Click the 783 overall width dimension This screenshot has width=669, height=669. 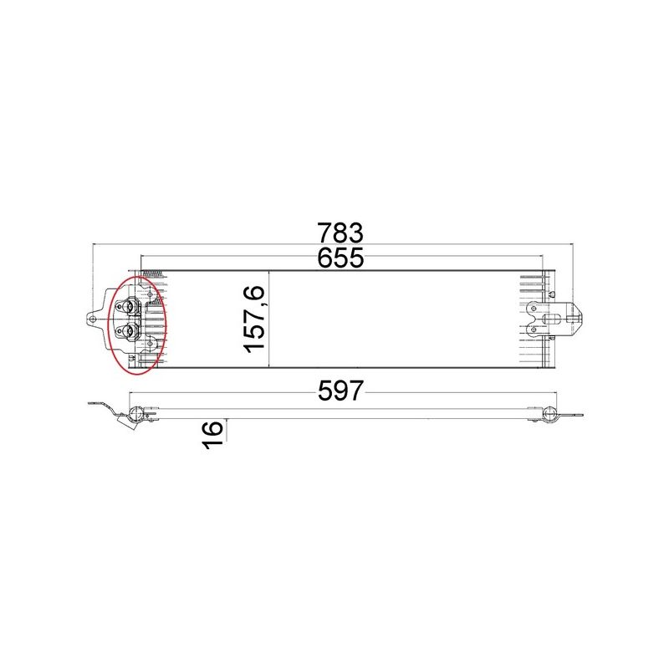[340, 231]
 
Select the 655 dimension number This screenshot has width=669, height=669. [340, 258]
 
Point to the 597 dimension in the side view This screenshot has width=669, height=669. [340, 390]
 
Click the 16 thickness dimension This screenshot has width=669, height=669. [212, 434]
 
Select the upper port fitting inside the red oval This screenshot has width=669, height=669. [129, 305]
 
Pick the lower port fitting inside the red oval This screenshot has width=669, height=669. [129, 332]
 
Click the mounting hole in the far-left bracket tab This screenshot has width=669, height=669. [94, 318]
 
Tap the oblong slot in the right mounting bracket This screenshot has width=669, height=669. [553, 319]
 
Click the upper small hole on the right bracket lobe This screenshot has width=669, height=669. [533, 308]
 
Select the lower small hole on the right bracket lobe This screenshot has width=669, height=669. [533, 329]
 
